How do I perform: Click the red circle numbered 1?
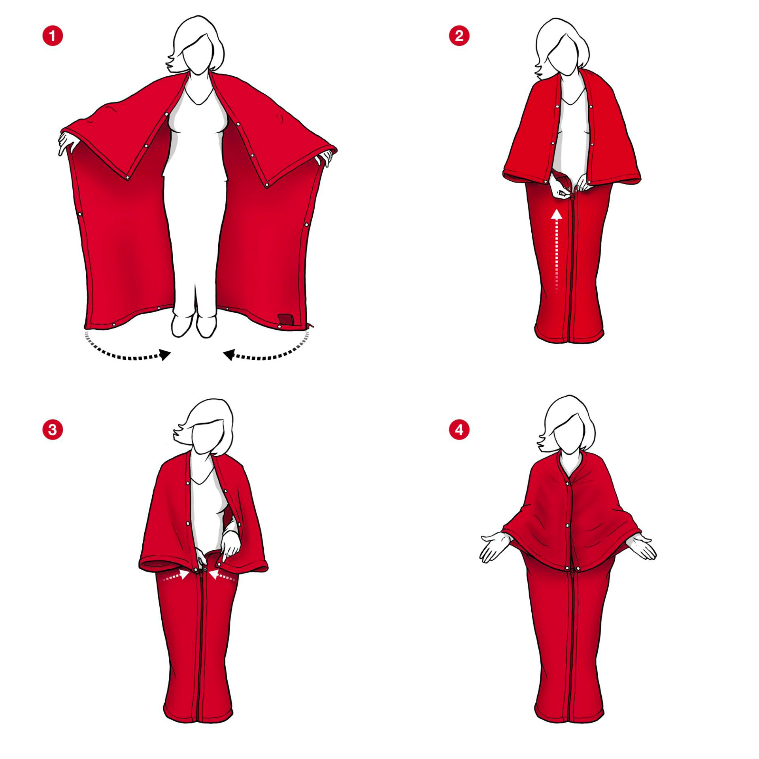click(x=53, y=36)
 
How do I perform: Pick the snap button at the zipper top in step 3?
click(x=205, y=570)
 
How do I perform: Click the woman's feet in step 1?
click(x=194, y=325)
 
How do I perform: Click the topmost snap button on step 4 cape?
click(x=570, y=483)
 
